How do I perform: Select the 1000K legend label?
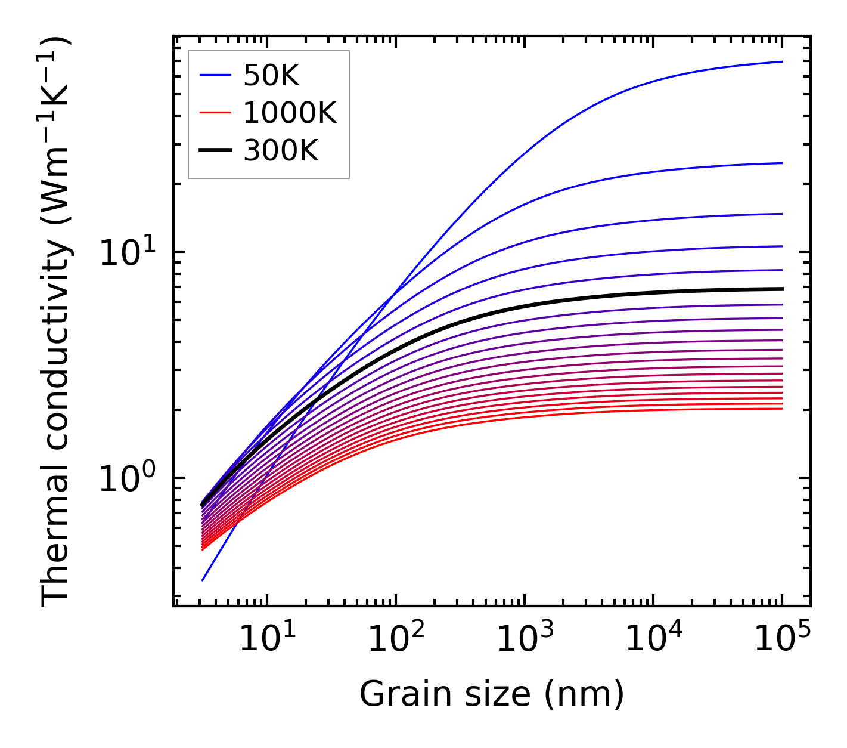pos(290,113)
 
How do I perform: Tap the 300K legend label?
pos(281,151)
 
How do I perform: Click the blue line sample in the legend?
pos(215,75)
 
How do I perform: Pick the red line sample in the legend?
pos(215,113)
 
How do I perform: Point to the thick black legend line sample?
pos(215,151)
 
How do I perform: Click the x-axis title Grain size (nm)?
pos(492,694)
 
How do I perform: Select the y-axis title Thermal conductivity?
pos(57,322)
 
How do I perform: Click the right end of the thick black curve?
pos(781,289)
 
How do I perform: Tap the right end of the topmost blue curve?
pos(781,61)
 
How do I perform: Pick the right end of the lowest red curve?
pos(781,409)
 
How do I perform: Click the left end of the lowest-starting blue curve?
pos(203,580)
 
